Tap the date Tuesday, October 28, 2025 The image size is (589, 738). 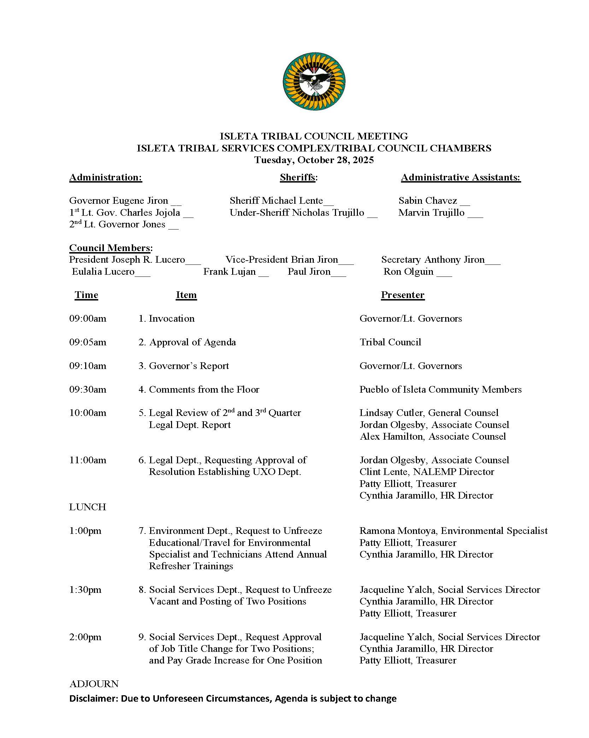[x=314, y=160]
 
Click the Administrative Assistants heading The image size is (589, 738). [x=461, y=177]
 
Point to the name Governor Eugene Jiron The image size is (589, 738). [x=118, y=201]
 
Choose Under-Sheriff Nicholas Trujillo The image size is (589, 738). [x=297, y=213]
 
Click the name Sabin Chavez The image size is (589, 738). [x=428, y=201]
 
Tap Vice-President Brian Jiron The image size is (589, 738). [x=282, y=260]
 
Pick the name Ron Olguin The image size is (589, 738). [x=408, y=272]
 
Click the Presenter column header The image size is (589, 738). [x=402, y=295]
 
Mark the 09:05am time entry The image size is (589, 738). [x=88, y=342]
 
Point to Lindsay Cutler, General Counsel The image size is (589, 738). [x=429, y=413]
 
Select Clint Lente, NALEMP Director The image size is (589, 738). [x=427, y=472]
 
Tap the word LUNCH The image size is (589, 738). [x=88, y=507]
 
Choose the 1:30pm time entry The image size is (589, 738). [x=85, y=590]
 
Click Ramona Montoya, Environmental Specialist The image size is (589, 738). [x=453, y=531]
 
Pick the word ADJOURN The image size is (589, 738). [x=94, y=684]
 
